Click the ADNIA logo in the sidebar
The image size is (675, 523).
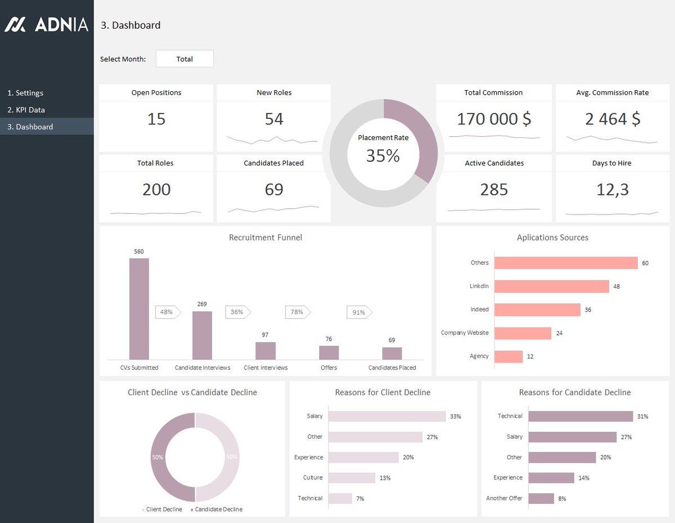point(47,24)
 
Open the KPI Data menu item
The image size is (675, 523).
point(26,110)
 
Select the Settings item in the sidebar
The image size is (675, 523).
point(25,93)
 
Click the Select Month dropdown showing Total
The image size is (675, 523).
point(184,59)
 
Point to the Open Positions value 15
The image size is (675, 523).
point(156,119)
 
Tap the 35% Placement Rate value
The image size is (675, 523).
point(383,155)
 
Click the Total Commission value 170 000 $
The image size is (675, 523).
point(493,119)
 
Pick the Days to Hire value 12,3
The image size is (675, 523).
point(612,190)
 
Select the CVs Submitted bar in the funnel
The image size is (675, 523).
point(139,309)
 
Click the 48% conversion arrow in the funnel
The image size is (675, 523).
point(167,312)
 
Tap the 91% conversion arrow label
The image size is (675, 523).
point(359,312)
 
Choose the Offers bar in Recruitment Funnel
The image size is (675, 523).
point(329,352)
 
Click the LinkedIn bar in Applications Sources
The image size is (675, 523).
point(551,286)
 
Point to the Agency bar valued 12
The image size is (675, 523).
point(508,356)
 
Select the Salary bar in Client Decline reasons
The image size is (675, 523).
point(387,416)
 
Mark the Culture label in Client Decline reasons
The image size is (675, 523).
point(313,477)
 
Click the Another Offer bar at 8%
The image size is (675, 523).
point(541,498)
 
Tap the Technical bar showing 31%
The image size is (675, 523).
point(580,416)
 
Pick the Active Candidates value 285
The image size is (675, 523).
point(494,190)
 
